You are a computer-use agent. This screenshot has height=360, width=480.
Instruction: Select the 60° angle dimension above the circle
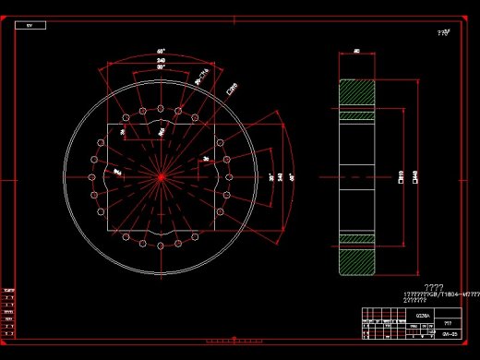click(161, 52)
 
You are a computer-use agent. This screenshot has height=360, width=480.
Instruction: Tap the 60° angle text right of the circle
click(293, 175)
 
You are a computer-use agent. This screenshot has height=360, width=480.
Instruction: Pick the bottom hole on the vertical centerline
click(161, 246)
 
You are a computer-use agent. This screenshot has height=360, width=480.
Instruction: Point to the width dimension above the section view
click(357, 53)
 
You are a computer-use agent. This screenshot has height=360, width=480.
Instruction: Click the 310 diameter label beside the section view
click(401, 175)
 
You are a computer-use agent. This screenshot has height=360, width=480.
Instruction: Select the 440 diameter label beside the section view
click(415, 175)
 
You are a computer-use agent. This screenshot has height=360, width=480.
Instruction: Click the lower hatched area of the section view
click(357, 258)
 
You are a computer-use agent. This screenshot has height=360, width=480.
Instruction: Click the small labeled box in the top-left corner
click(30, 25)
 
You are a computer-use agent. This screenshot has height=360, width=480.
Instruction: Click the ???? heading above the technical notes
click(434, 287)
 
